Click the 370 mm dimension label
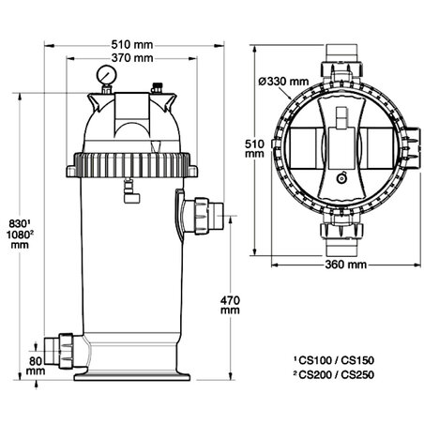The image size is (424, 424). [x=131, y=58]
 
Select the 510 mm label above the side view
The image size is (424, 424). [x=131, y=43]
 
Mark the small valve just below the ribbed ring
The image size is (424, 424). [x=129, y=191]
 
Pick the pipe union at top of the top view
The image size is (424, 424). [x=339, y=68]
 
